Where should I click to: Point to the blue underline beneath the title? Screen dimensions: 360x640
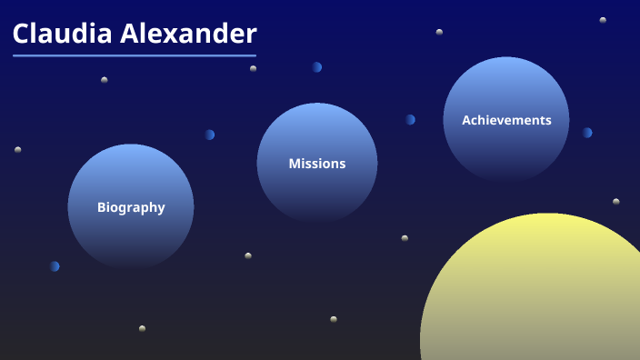(x=135, y=55)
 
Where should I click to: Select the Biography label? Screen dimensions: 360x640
(x=131, y=207)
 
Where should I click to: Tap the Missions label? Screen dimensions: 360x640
(x=317, y=164)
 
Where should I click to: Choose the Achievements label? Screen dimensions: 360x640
(x=506, y=120)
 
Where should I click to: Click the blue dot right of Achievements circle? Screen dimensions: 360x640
(x=587, y=133)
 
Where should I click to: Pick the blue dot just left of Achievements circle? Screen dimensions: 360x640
(x=410, y=120)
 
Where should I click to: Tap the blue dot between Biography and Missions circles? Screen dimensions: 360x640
(x=209, y=135)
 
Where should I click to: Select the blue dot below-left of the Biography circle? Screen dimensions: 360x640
(x=55, y=266)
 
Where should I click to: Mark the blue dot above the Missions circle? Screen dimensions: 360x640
(x=316, y=67)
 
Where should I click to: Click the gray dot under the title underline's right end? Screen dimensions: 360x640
(x=253, y=68)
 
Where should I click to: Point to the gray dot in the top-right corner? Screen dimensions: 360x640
(x=603, y=20)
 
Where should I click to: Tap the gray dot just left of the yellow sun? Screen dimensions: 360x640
(x=405, y=238)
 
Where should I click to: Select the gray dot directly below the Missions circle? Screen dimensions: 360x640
(x=334, y=319)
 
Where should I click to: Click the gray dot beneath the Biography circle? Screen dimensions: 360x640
(x=142, y=328)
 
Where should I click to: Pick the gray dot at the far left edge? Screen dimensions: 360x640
(x=17, y=149)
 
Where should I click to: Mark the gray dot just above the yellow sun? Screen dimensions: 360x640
(x=615, y=202)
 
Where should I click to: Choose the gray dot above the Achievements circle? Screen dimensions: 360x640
(x=439, y=32)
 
